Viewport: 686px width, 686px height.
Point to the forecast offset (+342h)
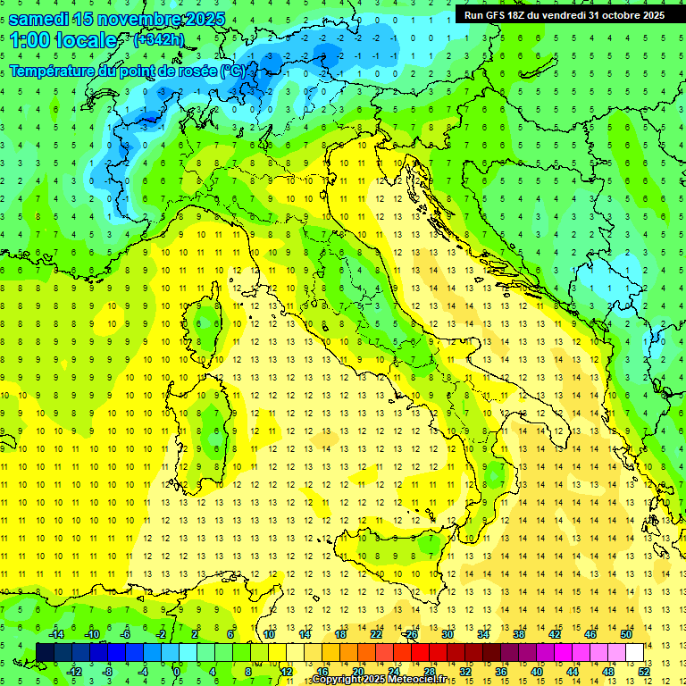tap(160, 40)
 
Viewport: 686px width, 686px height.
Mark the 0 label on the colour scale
tap(176, 671)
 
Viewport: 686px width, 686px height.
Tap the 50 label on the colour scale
tap(626, 634)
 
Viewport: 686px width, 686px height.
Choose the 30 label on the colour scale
tap(447, 634)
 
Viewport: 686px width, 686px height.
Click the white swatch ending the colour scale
tap(635, 652)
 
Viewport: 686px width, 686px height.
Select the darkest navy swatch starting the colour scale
tap(45, 652)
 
